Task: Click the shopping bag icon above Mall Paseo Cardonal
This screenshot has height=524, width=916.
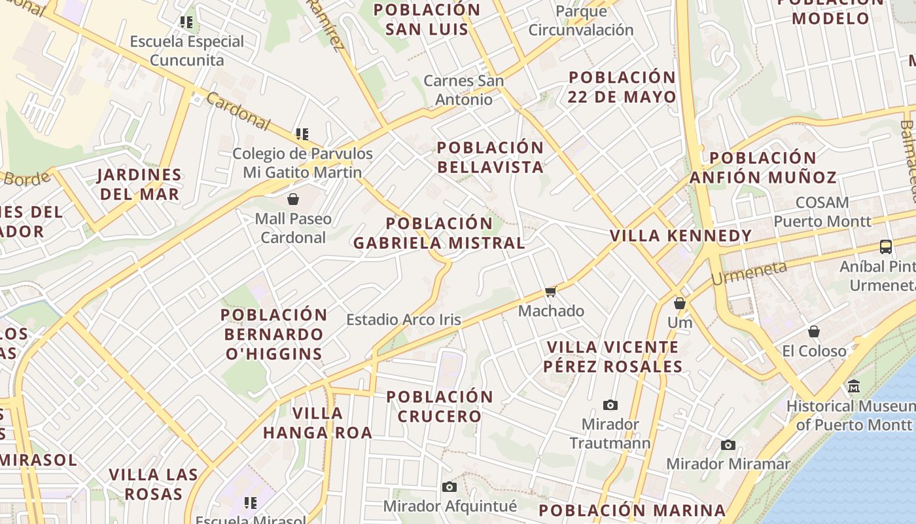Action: click(293, 198)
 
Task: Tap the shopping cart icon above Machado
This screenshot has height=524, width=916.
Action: click(550, 291)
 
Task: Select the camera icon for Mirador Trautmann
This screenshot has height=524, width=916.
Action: click(610, 405)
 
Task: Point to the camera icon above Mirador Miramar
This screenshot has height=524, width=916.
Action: click(728, 445)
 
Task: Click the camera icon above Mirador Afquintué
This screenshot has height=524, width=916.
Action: click(449, 487)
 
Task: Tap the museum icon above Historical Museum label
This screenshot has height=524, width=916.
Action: click(853, 386)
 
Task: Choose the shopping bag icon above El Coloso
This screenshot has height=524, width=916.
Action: click(814, 331)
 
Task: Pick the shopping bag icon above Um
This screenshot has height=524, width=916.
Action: click(680, 303)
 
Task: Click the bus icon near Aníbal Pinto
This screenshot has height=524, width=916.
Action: click(886, 247)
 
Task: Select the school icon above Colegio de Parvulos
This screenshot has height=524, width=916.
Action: click(302, 134)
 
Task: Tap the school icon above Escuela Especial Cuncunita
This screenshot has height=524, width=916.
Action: click(186, 22)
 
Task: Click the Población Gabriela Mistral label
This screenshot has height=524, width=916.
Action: click(439, 233)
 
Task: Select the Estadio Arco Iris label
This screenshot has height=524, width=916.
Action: click(404, 320)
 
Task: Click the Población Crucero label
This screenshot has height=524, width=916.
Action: click(440, 406)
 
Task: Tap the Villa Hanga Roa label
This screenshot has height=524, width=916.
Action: click(318, 422)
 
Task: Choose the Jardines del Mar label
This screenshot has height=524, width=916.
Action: click(139, 185)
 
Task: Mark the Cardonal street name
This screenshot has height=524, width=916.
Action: click(238, 110)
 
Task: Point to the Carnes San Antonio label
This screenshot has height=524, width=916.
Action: click(464, 90)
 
